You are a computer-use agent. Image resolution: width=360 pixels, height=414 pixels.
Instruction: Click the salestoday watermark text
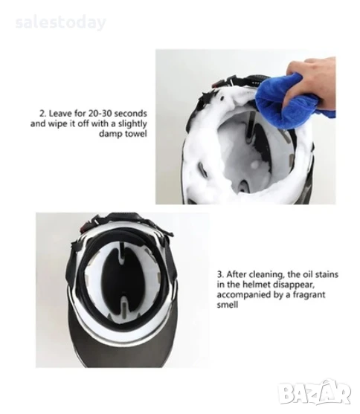(60, 23)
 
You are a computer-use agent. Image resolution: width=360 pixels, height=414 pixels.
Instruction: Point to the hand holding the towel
(313, 80)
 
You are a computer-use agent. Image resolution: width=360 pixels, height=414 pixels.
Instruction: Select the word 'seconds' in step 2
(131, 114)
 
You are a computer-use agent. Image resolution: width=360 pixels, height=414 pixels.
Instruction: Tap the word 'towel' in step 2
(136, 134)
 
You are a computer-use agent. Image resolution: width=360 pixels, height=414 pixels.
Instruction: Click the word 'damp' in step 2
(111, 134)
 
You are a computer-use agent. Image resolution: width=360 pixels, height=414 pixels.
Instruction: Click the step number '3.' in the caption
(220, 274)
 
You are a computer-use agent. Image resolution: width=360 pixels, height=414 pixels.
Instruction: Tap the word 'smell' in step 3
(228, 305)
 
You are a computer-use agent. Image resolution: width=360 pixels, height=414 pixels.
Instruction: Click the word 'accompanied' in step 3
(243, 294)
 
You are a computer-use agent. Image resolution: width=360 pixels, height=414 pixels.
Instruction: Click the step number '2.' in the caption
(43, 114)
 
